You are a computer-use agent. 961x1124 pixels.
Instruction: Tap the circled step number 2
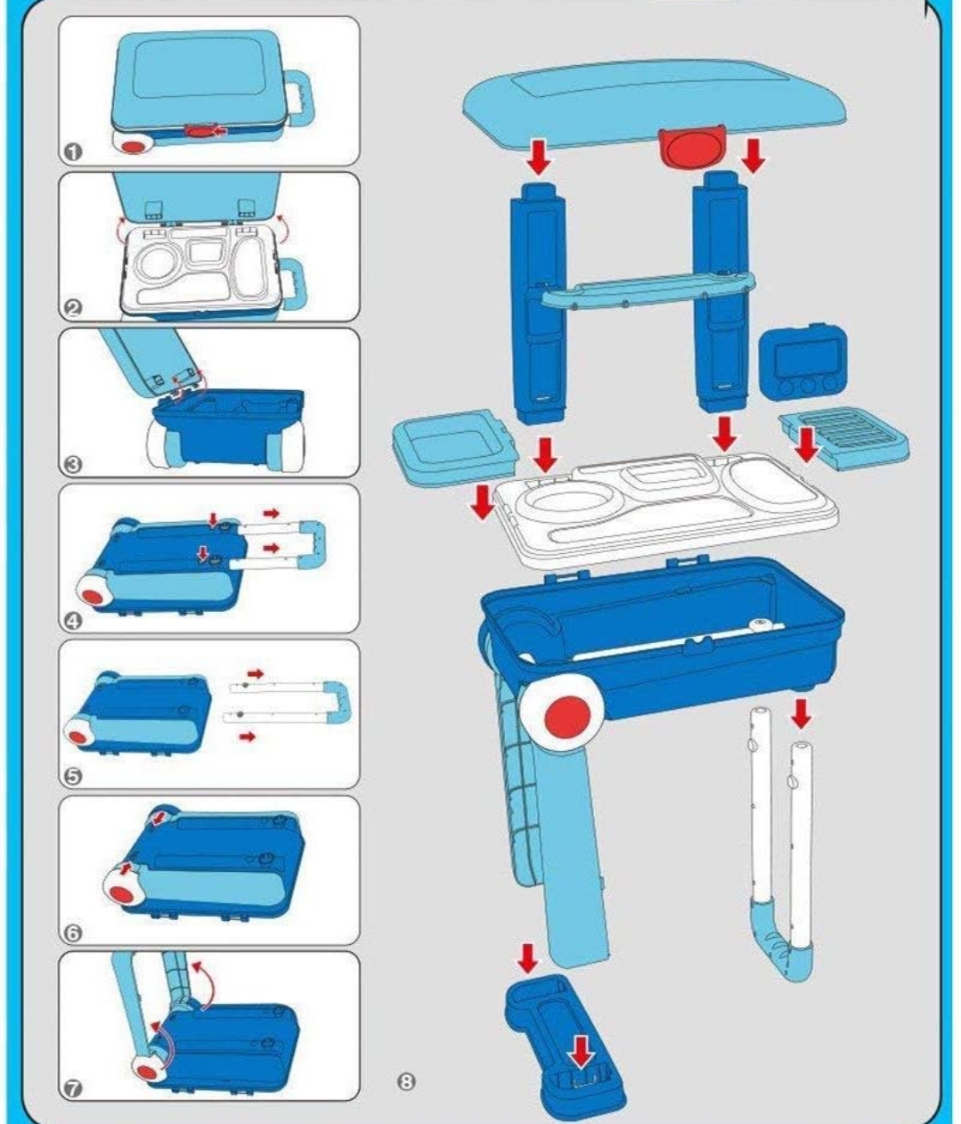[x=73, y=308]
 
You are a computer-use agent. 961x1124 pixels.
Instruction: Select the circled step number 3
[x=73, y=464]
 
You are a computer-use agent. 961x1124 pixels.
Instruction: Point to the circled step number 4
[x=73, y=621]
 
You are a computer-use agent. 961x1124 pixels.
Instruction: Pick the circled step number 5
[x=73, y=777]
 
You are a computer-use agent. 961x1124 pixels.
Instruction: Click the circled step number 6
[x=73, y=933]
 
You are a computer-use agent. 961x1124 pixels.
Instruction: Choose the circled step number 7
[x=73, y=1088]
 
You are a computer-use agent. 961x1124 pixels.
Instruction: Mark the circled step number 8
[x=406, y=1081]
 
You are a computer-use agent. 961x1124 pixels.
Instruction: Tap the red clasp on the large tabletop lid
[x=692, y=148]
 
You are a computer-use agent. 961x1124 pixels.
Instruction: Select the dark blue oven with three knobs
[x=802, y=361]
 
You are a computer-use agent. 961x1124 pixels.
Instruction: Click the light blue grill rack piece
[x=843, y=437]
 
